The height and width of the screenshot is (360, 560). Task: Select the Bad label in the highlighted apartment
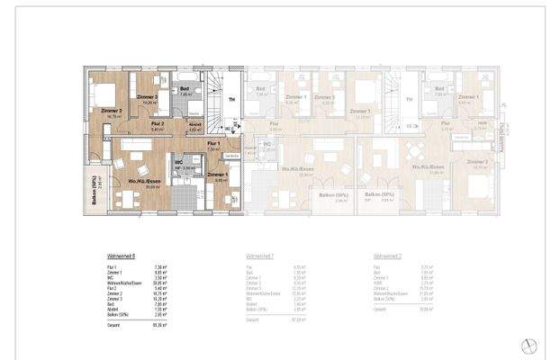point(185,88)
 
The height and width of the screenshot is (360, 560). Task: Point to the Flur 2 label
point(157,123)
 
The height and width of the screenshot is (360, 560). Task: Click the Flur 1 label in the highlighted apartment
point(213,144)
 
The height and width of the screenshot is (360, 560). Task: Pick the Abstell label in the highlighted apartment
point(194,126)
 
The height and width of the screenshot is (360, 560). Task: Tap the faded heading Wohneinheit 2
point(390,256)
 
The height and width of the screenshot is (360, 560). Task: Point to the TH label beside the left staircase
point(232,100)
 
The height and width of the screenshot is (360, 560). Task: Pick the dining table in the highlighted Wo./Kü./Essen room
point(129,197)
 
